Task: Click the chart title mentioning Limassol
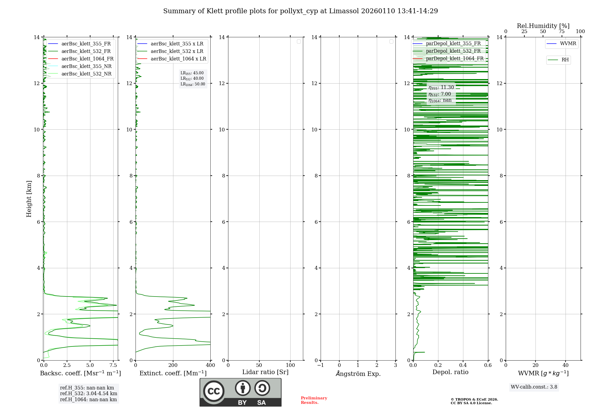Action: click(300, 11)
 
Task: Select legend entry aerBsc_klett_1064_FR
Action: click(87, 59)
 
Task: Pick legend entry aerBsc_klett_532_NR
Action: click(86, 74)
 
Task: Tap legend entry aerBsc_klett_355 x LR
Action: click(177, 44)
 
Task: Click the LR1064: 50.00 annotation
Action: click(193, 84)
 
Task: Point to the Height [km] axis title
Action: click(29, 198)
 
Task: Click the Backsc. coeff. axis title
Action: click(80, 373)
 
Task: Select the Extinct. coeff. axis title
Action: click(173, 373)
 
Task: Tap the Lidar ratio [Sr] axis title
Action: click(265, 372)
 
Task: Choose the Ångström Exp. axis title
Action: click(358, 374)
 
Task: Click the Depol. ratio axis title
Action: click(450, 372)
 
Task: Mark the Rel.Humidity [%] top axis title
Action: click(543, 26)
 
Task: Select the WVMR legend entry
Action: click(568, 44)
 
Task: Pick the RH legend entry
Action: click(565, 60)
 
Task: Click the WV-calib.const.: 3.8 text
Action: click(534, 387)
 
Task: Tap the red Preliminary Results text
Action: click(314, 400)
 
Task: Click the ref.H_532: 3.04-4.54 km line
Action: click(88, 394)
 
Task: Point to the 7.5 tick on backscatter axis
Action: click(113, 365)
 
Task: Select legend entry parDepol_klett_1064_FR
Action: click(454, 59)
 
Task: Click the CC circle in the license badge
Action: click(214, 391)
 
